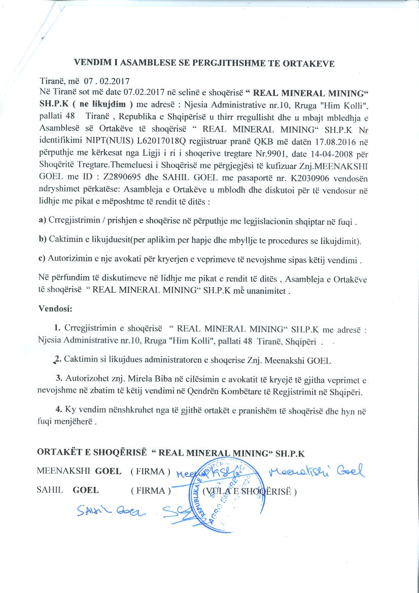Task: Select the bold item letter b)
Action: coord(43,239)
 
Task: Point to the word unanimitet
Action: coord(268,291)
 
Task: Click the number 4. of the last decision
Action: coord(59,409)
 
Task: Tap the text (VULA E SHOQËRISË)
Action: coord(249,491)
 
